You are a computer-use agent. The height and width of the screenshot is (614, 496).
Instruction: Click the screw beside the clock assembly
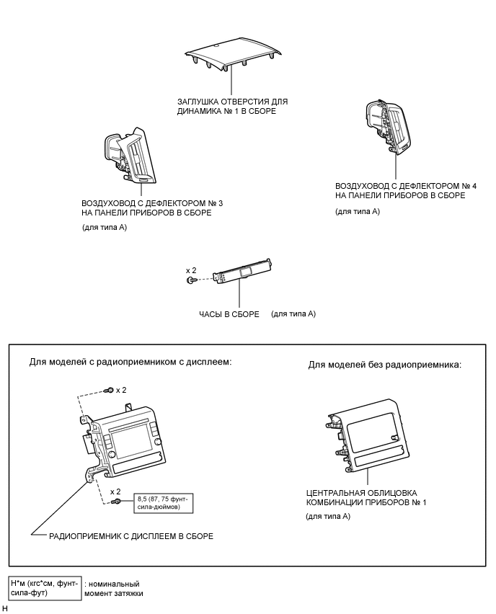(x=190, y=279)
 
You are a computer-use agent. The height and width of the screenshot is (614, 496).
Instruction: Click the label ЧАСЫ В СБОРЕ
(x=229, y=314)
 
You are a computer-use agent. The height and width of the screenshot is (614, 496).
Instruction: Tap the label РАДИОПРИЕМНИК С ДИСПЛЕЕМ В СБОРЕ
(x=131, y=536)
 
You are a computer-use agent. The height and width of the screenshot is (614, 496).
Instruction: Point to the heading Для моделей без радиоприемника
(x=384, y=365)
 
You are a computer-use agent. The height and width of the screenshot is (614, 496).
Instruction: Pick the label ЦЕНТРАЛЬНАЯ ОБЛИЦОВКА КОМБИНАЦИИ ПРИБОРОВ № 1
(x=366, y=497)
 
